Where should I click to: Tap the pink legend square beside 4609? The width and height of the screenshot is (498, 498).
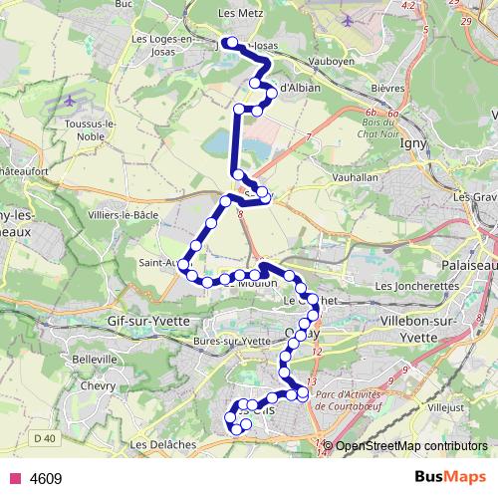coord(13,479)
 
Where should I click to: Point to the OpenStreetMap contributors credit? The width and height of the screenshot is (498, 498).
coord(410,446)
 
